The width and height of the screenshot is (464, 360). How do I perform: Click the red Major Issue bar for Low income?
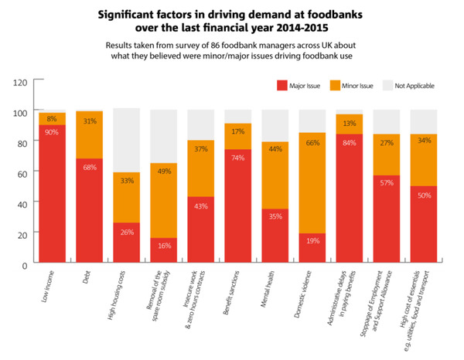pyautogui.click(x=53, y=193)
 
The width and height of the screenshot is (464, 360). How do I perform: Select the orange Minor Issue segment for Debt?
pyautogui.click(x=90, y=134)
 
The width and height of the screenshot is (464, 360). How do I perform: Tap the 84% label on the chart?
pyautogui.click(x=349, y=141)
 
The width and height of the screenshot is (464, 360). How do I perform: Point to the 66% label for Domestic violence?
pyautogui.click(x=312, y=143)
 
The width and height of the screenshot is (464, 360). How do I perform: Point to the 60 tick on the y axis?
pyautogui.click(x=22, y=173)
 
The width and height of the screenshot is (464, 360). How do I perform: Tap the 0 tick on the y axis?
pyautogui.click(x=25, y=265)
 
